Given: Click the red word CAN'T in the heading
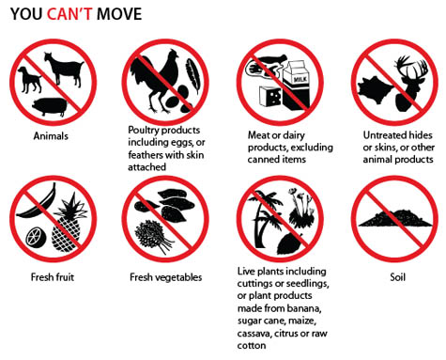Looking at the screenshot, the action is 69,14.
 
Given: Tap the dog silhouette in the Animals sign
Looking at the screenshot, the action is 29,80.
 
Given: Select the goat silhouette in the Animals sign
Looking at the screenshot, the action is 64,70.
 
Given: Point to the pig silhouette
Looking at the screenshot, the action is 50,107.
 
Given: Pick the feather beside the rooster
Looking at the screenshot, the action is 192,76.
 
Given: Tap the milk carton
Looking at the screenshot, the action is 296,85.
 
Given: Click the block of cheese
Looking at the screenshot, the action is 270,96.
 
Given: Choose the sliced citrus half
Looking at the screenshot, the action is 36,237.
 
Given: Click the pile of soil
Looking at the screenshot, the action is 396,218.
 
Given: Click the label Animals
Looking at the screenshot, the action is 51,136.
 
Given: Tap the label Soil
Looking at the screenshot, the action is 397,277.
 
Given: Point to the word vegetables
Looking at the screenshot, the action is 179,277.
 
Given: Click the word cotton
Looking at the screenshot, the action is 252,346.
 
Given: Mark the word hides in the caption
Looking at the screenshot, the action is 421,135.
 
